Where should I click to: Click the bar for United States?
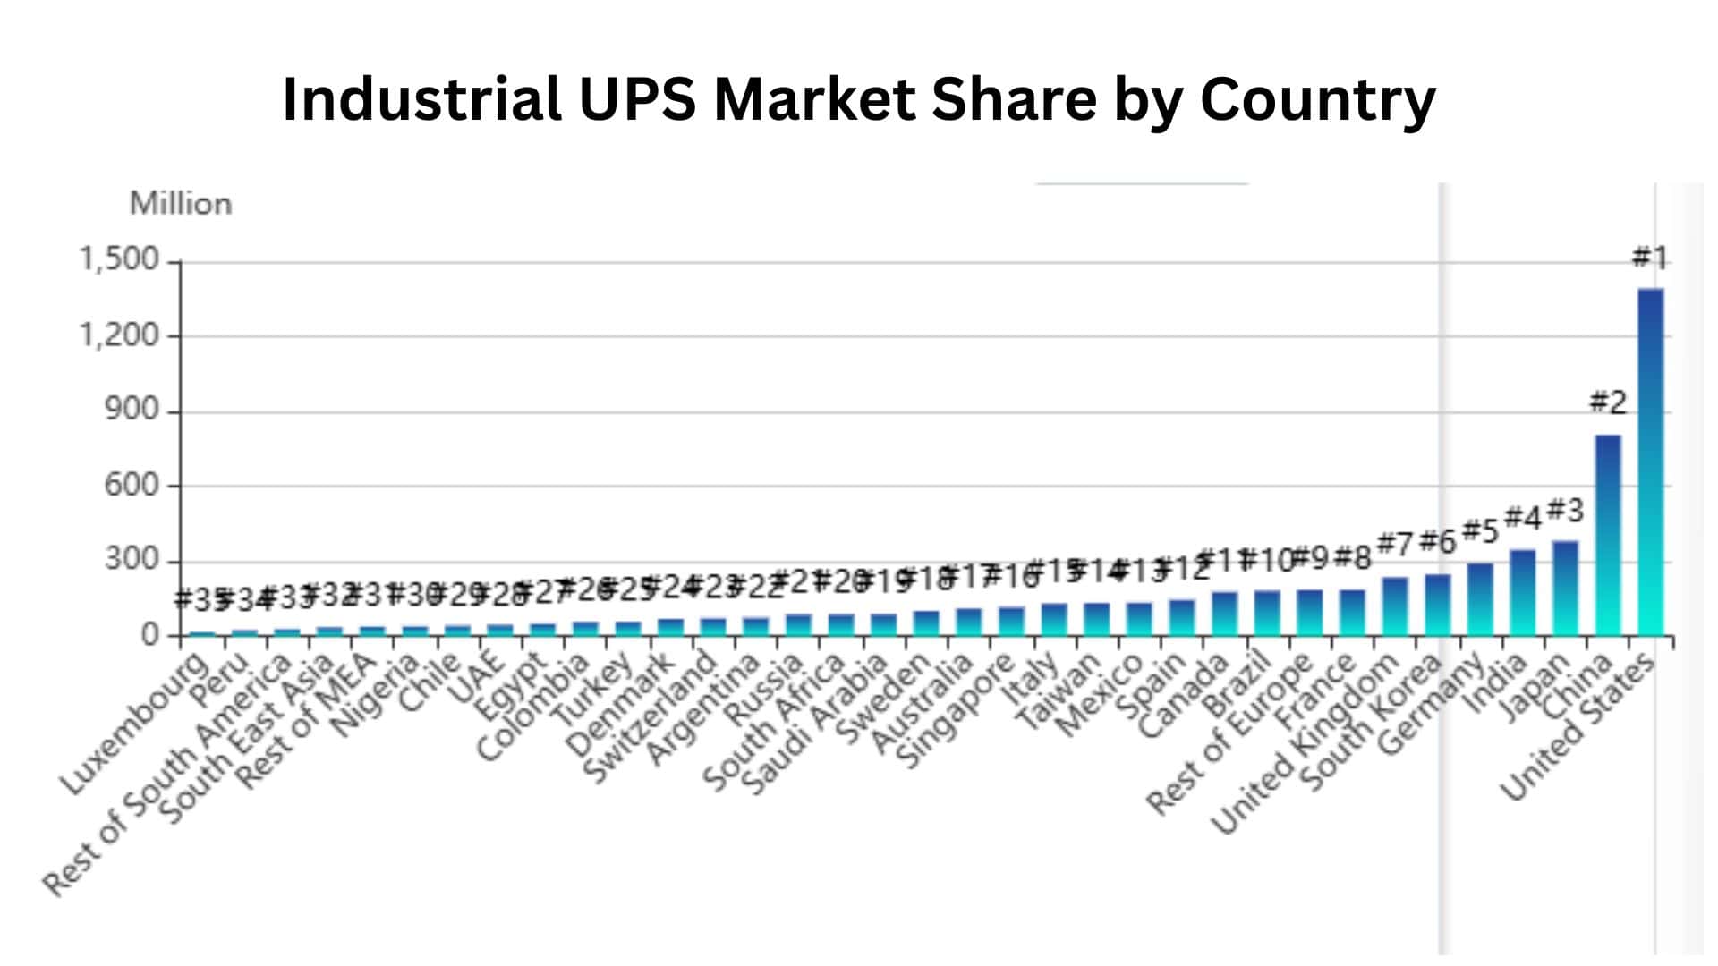point(1650,465)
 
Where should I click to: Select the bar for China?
point(1608,537)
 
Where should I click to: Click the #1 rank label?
point(1649,258)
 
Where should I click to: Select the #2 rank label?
point(1607,402)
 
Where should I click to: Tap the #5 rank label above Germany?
point(1479,532)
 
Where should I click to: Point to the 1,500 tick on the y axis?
point(119,259)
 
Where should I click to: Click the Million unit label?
point(181,204)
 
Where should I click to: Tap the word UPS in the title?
point(637,98)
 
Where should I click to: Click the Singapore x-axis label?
point(957,712)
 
